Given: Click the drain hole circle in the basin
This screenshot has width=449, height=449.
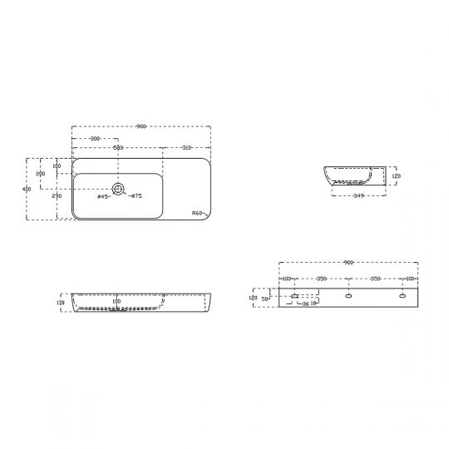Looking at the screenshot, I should point(117,190).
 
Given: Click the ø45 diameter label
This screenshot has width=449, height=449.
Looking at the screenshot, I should point(104,197).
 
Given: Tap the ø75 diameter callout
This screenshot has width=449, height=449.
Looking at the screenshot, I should point(136,196).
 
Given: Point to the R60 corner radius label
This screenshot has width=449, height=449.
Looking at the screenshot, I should point(197,213).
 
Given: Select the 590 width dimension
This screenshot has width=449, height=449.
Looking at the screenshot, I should point(118,147).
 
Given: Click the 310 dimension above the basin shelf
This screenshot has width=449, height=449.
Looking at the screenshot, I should point(186,147).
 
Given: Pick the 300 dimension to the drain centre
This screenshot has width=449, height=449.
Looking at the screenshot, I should point(95,138).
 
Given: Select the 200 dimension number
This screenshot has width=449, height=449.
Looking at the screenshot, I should point(40,174).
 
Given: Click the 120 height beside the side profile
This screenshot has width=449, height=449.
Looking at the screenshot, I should point(397,177).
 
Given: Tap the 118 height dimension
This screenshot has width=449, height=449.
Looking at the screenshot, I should point(61,303).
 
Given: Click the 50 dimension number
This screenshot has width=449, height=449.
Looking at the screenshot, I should point(265,298).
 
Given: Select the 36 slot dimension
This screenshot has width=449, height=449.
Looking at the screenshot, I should point(305,304).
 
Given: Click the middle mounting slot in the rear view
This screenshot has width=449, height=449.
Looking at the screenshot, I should point(348,295).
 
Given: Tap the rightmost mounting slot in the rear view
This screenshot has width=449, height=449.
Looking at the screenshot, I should point(403,295).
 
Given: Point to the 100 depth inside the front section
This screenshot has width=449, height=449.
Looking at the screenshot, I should point(116,301).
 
